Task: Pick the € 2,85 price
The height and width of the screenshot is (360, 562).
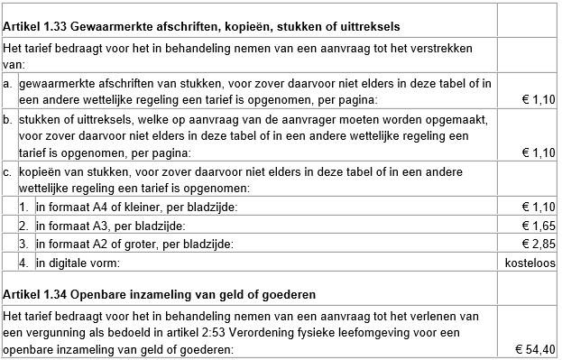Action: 536,244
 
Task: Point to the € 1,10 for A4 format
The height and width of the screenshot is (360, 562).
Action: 536,207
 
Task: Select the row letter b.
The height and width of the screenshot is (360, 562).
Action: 8,119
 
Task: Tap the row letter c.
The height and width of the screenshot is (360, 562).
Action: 8,171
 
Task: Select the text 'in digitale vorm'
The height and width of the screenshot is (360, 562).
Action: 78,263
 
